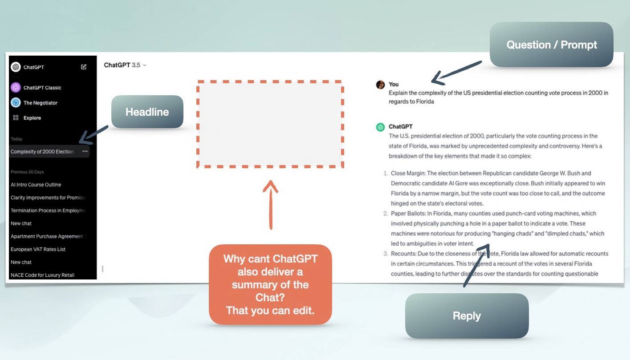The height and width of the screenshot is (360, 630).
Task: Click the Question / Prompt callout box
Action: click(x=551, y=45)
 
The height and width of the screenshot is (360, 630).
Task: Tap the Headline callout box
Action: click(x=147, y=112)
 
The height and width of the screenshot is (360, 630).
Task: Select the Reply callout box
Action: click(x=467, y=316)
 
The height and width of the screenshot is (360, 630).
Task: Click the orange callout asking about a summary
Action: click(x=270, y=284)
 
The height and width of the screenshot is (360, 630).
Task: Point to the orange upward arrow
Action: click(x=270, y=205)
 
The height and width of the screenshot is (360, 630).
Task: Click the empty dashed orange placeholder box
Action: click(x=270, y=124)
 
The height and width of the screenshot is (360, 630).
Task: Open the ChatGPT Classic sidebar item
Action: click(x=42, y=88)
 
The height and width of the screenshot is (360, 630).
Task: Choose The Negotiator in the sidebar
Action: click(x=40, y=103)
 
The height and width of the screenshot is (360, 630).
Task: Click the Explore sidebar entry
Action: click(x=32, y=118)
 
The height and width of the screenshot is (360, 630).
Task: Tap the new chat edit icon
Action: click(x=84, y=67)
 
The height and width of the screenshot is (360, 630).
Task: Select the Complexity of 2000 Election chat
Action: click(x=42, y=152)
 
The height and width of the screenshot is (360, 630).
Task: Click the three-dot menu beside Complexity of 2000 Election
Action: click(x=85, y=152)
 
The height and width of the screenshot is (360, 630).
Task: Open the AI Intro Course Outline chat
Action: click(x=36, y=185)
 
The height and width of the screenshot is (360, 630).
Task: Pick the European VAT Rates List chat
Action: click(x=38, y=249)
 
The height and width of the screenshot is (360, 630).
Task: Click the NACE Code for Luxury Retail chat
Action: click(x=43, y=275)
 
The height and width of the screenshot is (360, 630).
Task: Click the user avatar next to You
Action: click(x=380, y=85)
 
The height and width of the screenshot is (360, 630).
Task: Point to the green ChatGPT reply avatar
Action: click(x=380, y=127)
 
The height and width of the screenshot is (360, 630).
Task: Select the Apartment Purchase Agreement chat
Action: click(x=47, y=236)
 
